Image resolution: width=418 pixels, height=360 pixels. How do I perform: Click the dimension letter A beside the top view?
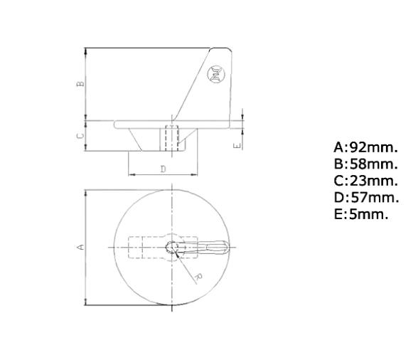point(80,247)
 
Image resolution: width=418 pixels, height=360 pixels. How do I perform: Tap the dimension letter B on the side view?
point(80,83)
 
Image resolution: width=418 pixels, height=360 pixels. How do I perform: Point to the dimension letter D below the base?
point(163,169)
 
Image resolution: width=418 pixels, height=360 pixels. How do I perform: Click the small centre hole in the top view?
point(171,247)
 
